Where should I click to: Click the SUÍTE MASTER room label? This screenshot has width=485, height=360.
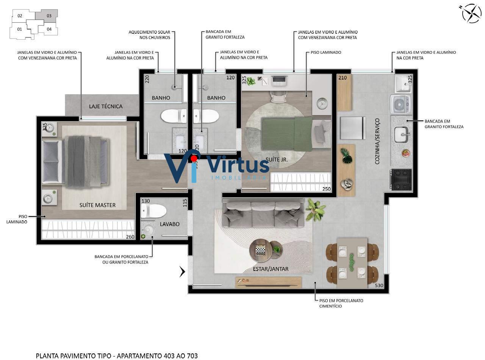(97, 205)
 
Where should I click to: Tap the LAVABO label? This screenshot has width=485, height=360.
(169, 224)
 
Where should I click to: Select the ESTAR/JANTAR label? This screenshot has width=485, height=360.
(271, 269)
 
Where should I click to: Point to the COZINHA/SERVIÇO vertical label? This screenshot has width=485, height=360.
(377, 141)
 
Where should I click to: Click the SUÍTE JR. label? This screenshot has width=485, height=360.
(277, 160)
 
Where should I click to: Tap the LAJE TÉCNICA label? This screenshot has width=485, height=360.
(106, 106)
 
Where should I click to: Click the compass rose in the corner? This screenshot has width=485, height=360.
(471, 13)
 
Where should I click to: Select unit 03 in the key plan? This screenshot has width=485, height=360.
(49, 16)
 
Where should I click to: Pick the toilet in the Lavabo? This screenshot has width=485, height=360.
(154, 211)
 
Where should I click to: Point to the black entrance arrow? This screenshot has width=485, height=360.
(182, 271)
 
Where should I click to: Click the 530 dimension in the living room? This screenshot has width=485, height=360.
(379, 285)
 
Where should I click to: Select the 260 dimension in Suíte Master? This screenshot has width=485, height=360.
(130, 237)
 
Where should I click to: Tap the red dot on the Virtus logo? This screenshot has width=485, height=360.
(194, 158)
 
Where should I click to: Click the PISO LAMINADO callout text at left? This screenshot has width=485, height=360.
(17, 219)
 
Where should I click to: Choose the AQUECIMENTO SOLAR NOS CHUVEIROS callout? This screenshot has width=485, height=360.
(149, 35)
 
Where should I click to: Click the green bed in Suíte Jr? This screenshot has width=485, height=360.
(287, 133)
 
